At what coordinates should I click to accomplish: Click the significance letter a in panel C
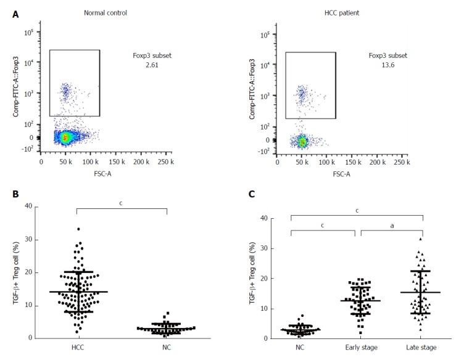pyautogui.click(x=392, y=226)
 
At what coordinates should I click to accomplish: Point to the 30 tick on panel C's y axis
pyautogui.click(x=265, y=248)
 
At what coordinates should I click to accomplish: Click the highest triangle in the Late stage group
pyautogui.click(x=420, y=239)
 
